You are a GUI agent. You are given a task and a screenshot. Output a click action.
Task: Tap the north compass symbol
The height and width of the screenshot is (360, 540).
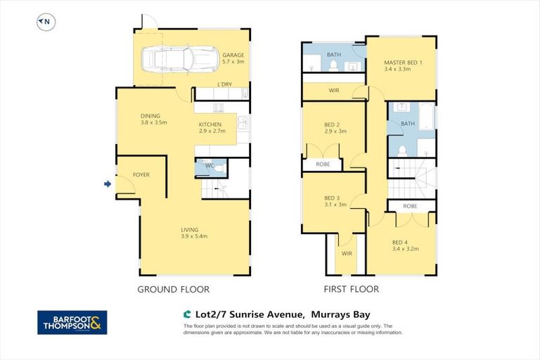(x=45, y=22)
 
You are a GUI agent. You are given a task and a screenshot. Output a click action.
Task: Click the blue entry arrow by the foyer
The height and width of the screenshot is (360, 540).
(x=108, y=184)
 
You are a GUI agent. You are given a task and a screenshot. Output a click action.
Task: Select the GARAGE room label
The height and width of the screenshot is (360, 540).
(x=233, y=56)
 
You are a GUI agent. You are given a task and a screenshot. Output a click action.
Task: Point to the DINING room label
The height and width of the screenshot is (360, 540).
(x=150, y=116)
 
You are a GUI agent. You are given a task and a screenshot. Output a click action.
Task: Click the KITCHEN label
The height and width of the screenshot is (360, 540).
(x=210, y=124)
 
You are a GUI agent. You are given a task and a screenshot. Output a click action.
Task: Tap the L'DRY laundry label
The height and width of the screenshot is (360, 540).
(x=224, y=84)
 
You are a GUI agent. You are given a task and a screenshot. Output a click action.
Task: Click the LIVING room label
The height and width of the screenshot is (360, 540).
(x=189, y=229)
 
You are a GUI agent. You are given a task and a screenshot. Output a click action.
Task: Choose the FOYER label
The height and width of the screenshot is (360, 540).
(x=141, y=174)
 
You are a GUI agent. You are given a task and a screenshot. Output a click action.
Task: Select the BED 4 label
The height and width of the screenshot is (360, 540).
(x=401, y=243)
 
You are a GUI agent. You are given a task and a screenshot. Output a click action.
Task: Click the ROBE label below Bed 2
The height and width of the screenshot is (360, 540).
(x=323, y=165)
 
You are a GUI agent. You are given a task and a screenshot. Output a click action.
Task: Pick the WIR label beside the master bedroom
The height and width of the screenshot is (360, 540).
(x=334, y=91)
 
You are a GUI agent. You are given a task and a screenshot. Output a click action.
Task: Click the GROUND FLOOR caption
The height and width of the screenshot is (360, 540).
(x=173, y=289)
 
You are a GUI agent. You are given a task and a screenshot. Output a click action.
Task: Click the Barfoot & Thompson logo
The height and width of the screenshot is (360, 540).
(x=72, y=322)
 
